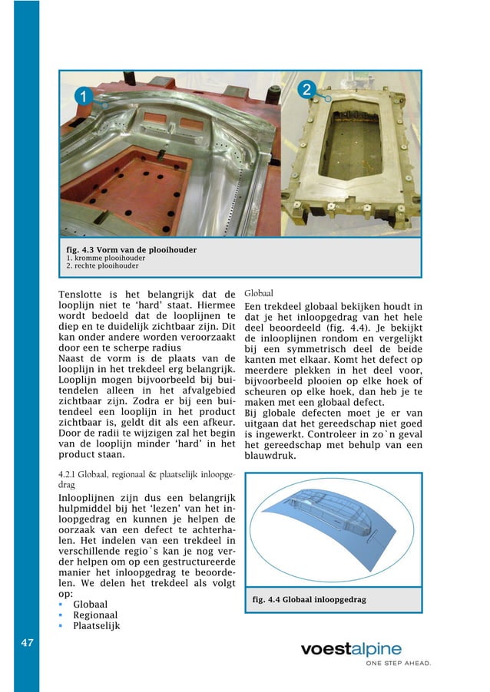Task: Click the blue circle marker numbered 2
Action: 306,90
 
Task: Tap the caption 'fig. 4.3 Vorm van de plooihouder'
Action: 131,250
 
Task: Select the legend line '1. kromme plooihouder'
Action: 106,259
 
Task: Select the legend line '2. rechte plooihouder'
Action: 103,266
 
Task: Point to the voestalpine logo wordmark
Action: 350,649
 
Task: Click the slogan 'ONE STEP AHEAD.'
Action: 397,664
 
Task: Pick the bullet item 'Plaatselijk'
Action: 96,625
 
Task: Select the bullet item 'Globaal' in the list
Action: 90,604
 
